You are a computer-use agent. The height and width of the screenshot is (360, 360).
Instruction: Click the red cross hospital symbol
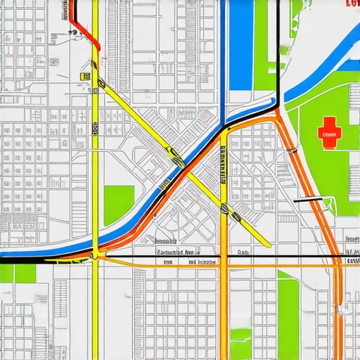click(x=328, y=133)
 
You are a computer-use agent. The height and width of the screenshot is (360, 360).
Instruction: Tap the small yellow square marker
click(x=85, y=76)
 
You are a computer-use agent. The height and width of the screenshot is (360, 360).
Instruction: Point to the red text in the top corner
click(x=352, y=4)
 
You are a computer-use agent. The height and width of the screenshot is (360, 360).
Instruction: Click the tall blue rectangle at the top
click(x=241, y=42)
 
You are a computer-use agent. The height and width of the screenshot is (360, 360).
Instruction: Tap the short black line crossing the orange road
click(x=310, y=200)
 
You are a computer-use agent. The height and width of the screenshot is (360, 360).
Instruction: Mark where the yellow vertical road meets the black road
click(x=94, y=257)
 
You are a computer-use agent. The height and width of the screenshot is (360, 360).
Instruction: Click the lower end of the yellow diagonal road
click(x=266, y=244)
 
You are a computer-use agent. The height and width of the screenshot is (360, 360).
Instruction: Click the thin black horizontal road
click(x=211, y=257)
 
